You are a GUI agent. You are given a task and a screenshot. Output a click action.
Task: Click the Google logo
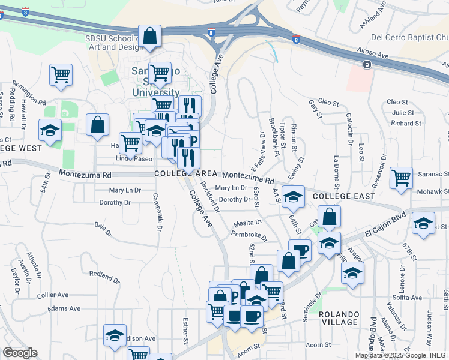point(20,353)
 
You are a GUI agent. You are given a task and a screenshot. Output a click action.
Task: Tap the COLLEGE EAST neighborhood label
point(344,196)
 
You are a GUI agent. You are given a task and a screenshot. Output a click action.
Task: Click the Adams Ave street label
point(64,308)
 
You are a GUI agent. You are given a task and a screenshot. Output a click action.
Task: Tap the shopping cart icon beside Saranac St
point(400,178)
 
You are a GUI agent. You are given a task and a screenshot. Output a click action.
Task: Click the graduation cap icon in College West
point(50,130)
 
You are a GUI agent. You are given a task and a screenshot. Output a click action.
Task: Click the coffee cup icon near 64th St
point(300,250)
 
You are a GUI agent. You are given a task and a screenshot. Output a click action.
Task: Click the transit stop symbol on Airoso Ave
point(366,64)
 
